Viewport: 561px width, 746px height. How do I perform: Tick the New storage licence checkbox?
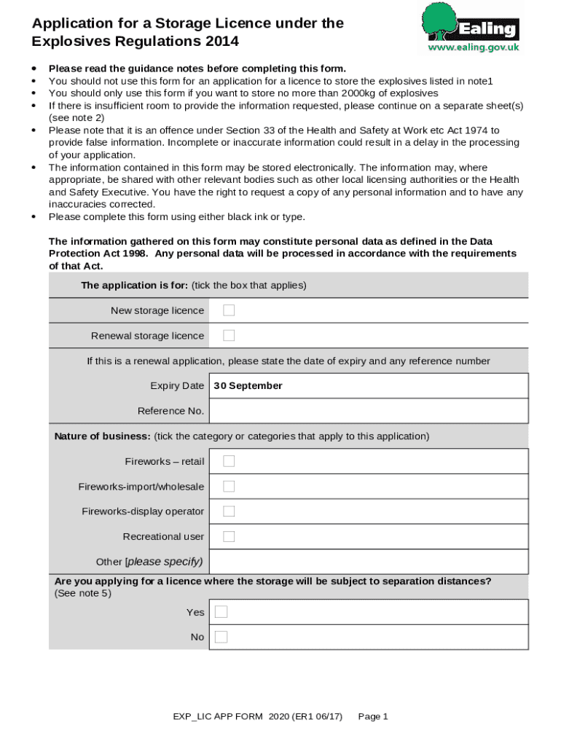tap(229, 310)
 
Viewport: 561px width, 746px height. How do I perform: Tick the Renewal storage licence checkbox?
tap(229, 335)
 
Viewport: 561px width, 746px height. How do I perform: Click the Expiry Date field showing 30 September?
tap(368, 385)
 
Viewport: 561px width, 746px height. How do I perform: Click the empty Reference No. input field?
tap(368, 411)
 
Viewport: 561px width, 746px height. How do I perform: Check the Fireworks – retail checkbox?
tap(229, 461)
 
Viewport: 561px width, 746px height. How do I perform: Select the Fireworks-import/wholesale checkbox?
tap(229, 486)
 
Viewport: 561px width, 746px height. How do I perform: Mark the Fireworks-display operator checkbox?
tap(229, 511)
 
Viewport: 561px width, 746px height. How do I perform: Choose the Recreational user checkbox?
tap(229, 536)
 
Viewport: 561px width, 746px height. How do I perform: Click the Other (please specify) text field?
tap(368, 562)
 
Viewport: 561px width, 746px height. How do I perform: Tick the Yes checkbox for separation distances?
tap(221, 612)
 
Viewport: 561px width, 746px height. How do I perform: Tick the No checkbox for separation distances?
tap(221, 637)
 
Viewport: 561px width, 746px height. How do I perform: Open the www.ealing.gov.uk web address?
tap(473, 47)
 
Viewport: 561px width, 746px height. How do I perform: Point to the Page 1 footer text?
tap(373, 717)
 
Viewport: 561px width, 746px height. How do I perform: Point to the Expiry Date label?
tap(177, 385)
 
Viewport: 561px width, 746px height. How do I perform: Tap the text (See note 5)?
tap(82, 593)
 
